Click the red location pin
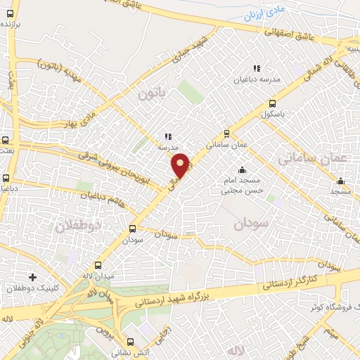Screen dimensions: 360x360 181,165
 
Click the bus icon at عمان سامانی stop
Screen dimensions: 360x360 226,133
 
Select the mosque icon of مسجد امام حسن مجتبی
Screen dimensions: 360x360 243,169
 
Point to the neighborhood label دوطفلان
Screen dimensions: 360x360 79,226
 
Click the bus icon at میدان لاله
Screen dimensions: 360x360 97,266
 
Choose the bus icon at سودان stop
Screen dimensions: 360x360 132,229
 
